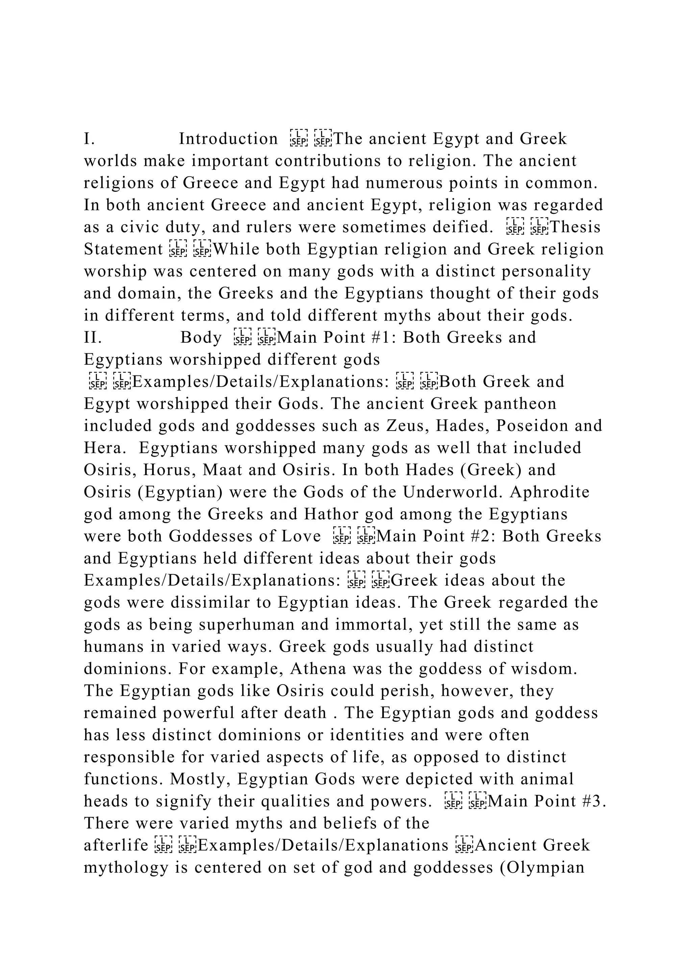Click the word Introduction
tap(228, 139)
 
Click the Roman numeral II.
tap(93, 338)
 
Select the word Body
tap(201, 338)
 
